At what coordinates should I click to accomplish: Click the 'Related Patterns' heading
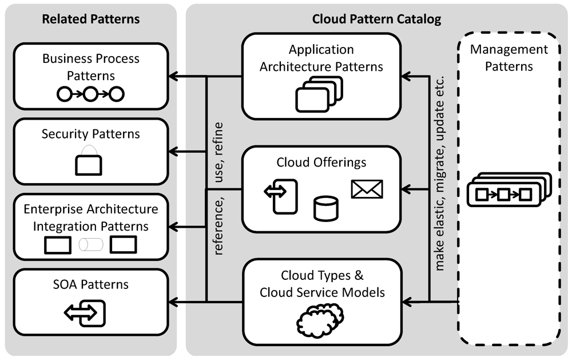pos(90,19)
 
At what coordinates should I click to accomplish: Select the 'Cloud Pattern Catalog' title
pos(376,19)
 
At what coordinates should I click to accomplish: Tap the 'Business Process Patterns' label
pos(90,66)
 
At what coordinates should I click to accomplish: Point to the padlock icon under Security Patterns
pos(89,161)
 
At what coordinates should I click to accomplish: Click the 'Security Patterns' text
pos(90,134)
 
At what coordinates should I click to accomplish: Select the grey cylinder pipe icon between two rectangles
pos(90,245)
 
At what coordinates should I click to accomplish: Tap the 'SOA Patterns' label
pos(90,284)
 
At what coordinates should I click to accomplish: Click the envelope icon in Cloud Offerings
pos(367,188)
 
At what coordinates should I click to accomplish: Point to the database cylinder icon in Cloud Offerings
pos(325,208)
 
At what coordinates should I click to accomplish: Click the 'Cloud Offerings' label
pos(321,163)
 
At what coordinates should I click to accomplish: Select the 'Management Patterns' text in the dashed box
pos(509,57)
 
